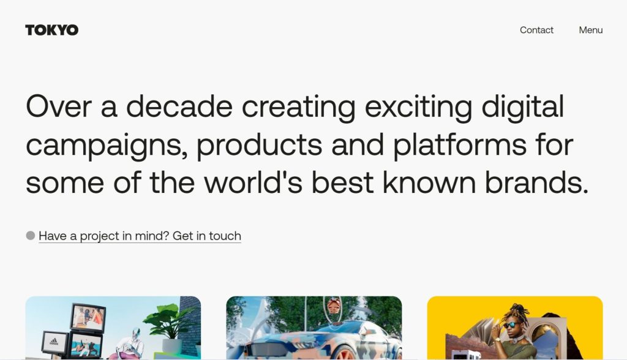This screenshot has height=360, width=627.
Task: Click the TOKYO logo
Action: [x=51, y=30]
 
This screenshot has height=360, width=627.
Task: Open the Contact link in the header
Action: [x=536, y=30]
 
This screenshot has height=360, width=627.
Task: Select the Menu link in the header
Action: [x=591, y=30]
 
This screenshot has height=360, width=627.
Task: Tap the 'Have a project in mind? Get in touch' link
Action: [x=140, y=236]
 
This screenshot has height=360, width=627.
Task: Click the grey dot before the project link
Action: [x=31, y=236]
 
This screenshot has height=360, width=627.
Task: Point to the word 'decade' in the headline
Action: [x=179, y=107]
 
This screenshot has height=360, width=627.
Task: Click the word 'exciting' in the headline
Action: [x=418, y=107]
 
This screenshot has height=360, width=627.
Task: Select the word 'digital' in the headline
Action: [x=523, y=107]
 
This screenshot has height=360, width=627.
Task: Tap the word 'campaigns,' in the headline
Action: [x=107, y=146]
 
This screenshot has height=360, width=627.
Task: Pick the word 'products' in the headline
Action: [x=259, y=145]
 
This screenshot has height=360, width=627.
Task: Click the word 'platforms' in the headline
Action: [x=460, y=145]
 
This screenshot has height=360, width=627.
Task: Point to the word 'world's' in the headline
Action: [x=253, y=182]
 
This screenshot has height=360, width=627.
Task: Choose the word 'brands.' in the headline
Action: [x=536, y=182]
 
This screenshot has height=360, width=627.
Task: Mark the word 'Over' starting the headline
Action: [x=59, y=107]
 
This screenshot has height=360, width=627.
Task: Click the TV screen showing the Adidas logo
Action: [x=54, y=342]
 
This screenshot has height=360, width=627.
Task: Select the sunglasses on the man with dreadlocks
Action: [x=511, y=325]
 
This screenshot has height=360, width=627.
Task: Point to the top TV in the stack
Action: [x=88, y=317]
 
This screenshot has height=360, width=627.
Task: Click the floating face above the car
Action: [x=334, y=307]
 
